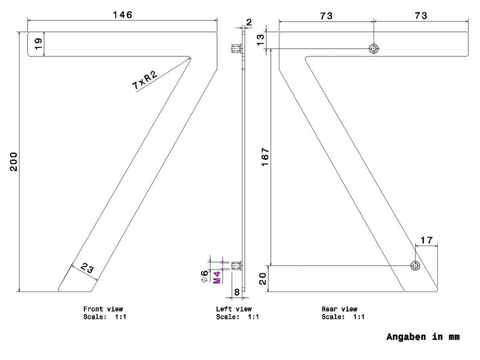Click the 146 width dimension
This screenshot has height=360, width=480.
click(x=122, y=15)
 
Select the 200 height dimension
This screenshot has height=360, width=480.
click(x=14, y=162)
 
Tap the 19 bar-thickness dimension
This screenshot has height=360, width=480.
click(x=38, y=44)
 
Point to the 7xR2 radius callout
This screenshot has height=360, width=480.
click(x=144, y=80)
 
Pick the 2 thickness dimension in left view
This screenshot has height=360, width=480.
click(x=249, y=22)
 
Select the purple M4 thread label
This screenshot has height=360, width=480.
click(x=217, y=277)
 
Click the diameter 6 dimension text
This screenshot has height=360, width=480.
click(x=204, y=276)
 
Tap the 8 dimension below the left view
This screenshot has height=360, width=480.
click(x=237, y=292)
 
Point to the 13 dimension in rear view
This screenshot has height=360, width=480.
click(x=260, y=40)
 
